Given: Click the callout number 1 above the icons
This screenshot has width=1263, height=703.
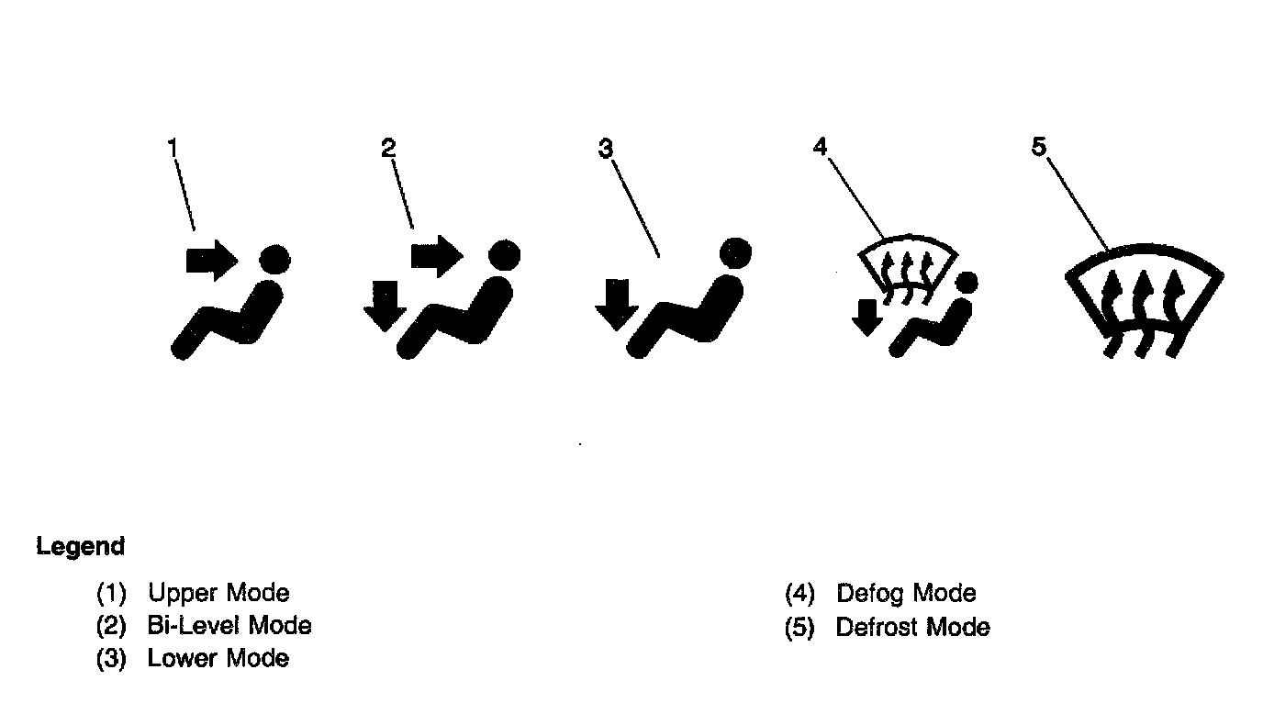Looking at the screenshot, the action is click(x=172, y=147).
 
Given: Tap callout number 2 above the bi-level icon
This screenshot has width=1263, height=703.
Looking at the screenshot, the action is click(x=388, y=147).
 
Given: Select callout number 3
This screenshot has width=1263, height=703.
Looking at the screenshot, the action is click(x=605, y=148).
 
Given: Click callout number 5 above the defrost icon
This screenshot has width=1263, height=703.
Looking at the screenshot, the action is click(x=1038, y=147).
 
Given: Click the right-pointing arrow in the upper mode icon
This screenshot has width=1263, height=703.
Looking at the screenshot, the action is click(x=211, y=261).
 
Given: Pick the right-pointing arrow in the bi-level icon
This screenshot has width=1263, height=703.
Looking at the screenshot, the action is click(x=436, y=254).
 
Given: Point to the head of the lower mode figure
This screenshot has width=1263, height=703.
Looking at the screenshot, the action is click(x=735, y=252).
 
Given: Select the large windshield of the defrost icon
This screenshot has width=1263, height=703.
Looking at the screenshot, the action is click(x=1144, y=298).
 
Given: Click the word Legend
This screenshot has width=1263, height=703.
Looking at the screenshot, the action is click(x=81, y=547).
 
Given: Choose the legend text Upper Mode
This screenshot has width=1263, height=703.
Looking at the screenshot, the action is click(x=218, y=593).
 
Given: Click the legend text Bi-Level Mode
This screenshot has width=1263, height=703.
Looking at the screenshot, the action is click(x=229, y=626).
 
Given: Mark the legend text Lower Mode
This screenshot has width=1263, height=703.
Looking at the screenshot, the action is click(x=218, y=658).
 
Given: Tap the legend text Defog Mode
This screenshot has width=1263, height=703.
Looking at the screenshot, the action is click(x=906, y=593).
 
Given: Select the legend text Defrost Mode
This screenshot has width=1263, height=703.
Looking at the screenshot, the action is click(x=913, y=628).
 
